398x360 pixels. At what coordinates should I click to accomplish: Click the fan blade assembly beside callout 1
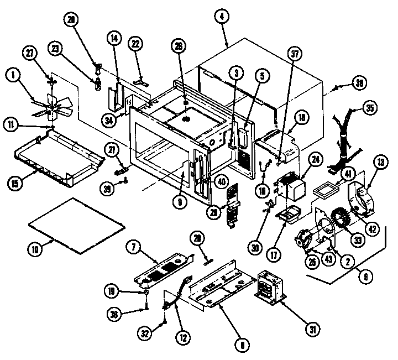[51, 105]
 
